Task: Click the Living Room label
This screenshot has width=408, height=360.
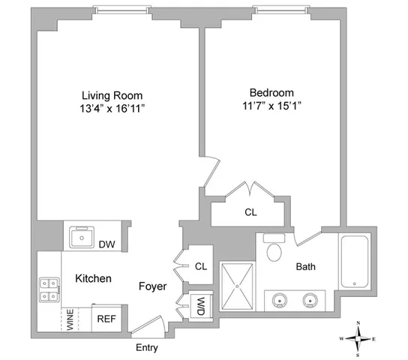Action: [x=112, y=95]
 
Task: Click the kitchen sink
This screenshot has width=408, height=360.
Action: [x=80, y=238]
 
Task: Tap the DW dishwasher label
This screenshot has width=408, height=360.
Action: [x=106, y=243]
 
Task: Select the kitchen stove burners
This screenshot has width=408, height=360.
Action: [x=49, y=289]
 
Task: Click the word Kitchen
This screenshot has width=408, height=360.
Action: [x=93, y=279]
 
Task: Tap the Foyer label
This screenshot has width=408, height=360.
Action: [x=151, y=286]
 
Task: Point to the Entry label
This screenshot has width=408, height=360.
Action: [x=147, y=349]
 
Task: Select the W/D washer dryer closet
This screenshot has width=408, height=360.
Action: [x=201, y=306]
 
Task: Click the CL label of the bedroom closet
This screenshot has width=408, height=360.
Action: [x=250, y=212]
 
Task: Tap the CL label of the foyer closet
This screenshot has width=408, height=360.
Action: [x=200, y=265]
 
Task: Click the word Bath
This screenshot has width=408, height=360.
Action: [x=306, y=266]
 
